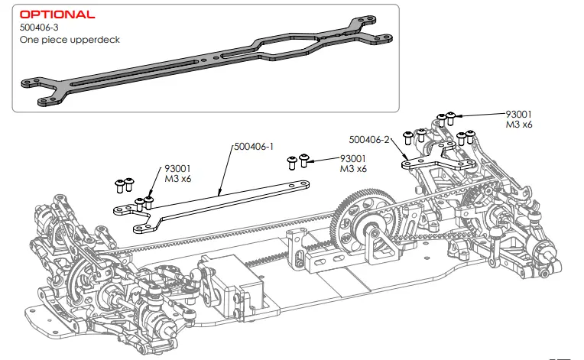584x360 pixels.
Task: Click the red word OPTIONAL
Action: pos(57,15)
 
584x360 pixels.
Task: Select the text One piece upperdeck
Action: pos(70,39)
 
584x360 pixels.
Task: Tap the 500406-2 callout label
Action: pos(370,140)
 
